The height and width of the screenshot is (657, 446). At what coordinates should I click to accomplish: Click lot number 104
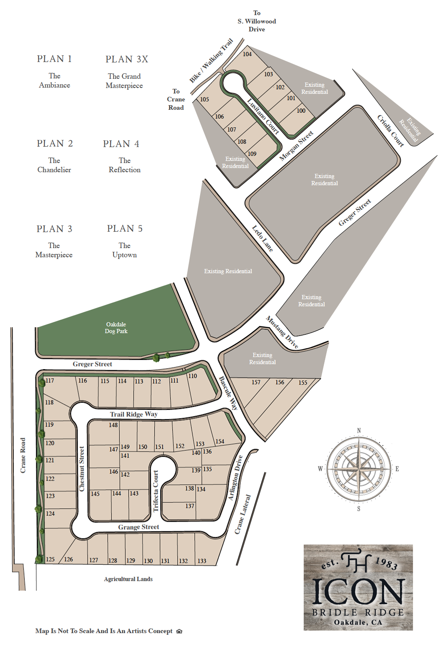point(247,54)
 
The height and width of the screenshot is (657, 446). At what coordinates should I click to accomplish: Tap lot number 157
point(256,382)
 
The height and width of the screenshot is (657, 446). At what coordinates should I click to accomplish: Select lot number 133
point(202,561)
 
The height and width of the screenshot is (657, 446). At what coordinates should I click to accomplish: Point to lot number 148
point(113,425)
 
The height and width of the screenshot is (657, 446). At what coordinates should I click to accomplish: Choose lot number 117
point(49,380)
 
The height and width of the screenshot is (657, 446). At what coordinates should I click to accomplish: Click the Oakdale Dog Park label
point(116,328)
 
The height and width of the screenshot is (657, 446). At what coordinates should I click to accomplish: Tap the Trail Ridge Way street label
point(134,414)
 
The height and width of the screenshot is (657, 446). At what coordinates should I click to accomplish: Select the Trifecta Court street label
point(156,491)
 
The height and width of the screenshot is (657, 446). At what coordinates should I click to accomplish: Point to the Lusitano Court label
point(263,116)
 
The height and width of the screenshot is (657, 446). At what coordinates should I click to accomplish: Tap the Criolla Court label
point(391,131)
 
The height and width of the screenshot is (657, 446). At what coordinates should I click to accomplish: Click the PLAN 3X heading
point(127,59)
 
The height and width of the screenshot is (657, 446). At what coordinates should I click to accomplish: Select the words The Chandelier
point(54,165)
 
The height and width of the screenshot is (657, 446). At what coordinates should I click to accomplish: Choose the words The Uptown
point(125,250)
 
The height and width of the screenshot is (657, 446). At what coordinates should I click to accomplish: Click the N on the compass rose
point(358,431)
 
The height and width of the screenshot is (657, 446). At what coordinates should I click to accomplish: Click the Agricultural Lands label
point(128,579)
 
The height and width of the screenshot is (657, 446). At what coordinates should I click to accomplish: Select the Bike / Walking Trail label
point(211,61)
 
